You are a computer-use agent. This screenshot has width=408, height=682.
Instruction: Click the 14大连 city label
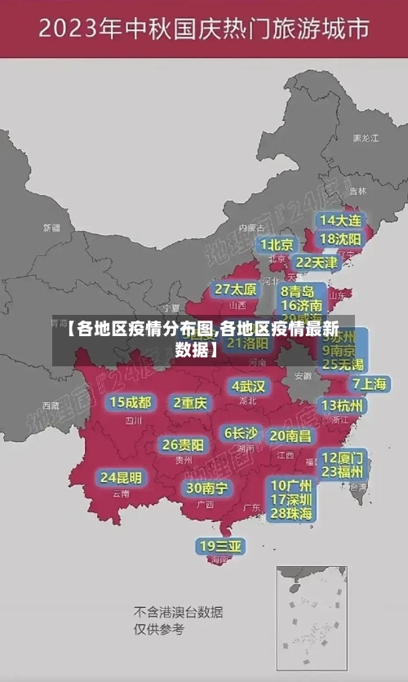340,220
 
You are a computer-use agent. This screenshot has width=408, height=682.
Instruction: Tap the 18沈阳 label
340,239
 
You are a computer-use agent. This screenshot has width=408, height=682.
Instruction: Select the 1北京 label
277,244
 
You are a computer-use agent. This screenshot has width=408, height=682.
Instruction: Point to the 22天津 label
315,263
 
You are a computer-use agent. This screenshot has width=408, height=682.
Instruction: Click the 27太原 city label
236,289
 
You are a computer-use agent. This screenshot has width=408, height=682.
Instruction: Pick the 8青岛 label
298,290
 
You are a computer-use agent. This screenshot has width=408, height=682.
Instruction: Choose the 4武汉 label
248,386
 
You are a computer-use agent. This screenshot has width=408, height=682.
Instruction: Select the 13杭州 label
343,405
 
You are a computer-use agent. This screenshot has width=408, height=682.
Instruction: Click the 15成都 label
131,402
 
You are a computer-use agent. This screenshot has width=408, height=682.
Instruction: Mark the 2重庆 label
190,402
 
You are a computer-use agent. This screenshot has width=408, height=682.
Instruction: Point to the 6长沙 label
241,432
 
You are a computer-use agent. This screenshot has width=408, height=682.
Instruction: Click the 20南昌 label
290,436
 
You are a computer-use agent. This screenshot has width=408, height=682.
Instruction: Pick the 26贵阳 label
183,445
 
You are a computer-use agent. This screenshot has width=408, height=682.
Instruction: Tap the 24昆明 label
121,476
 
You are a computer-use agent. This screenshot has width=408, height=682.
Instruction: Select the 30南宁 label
207,488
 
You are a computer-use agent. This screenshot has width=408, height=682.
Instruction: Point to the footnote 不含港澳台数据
179,612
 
